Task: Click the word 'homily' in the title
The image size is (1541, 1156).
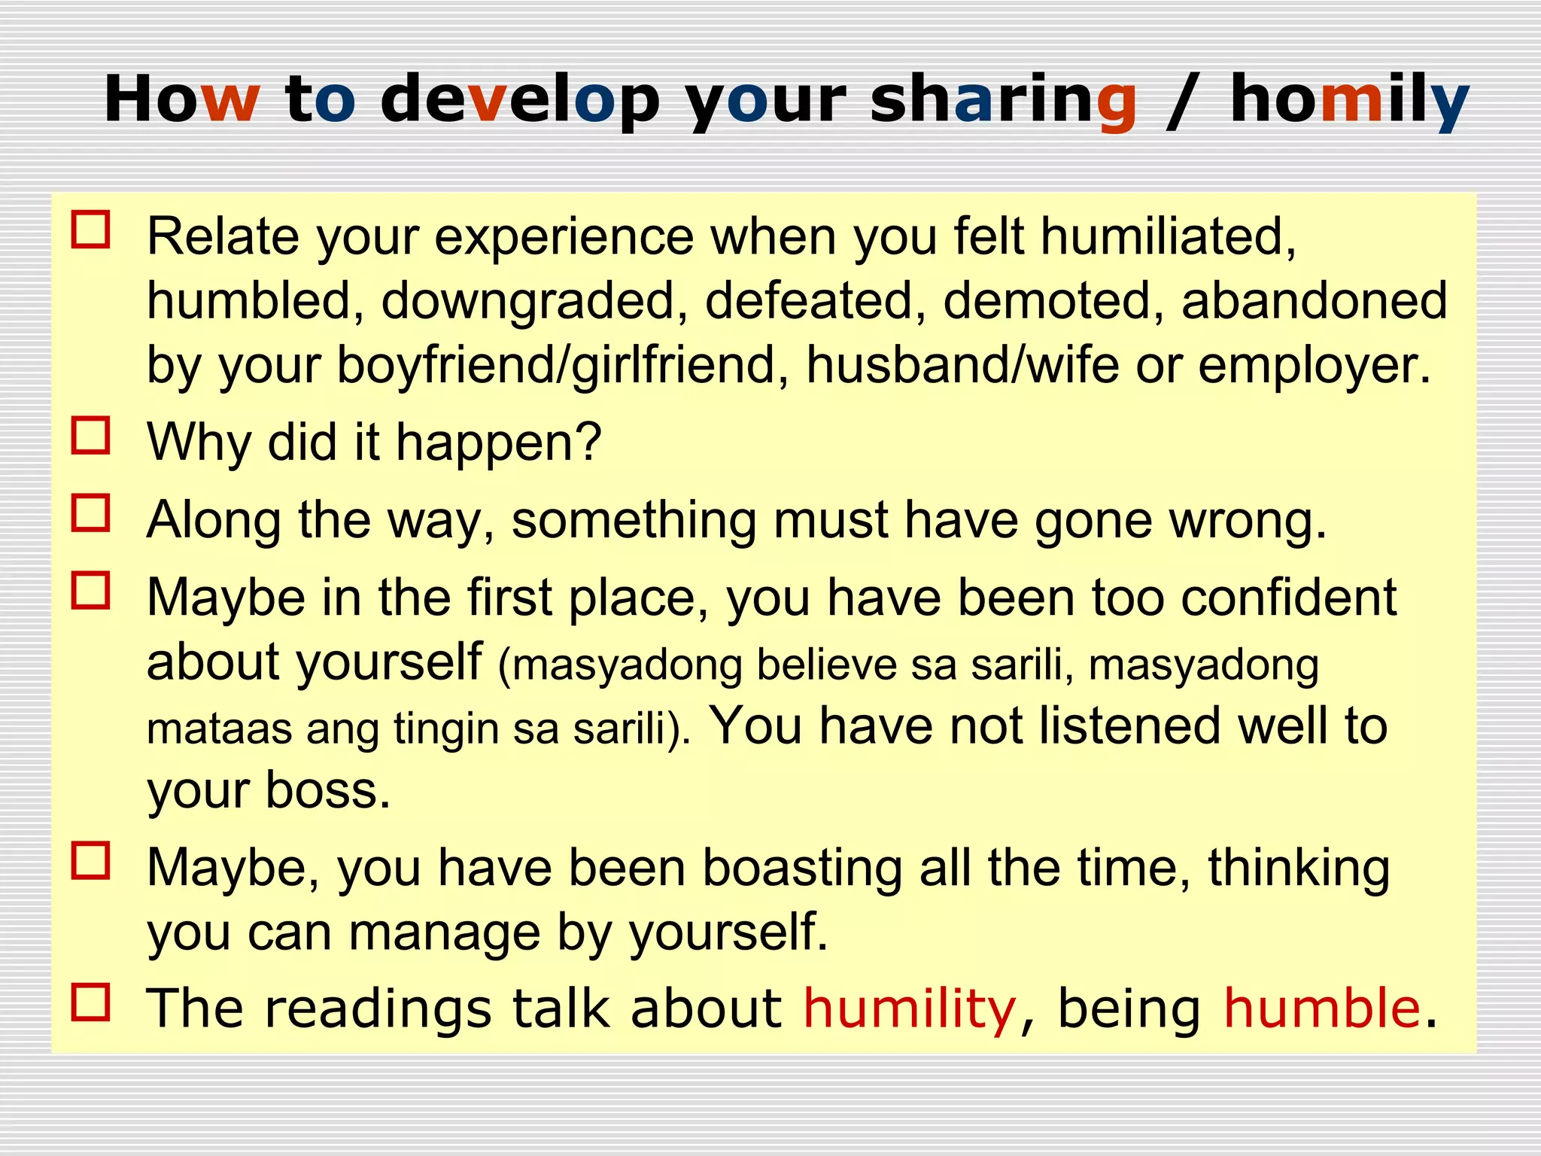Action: (x=1349, y=100)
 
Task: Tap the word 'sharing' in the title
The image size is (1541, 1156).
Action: (x=1003, y=100)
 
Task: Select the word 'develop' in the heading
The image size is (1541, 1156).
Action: (x=520, y=100)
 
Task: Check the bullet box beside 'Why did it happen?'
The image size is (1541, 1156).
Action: (x=91, y=436)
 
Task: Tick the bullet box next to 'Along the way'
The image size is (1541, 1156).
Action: (x=91, y=513)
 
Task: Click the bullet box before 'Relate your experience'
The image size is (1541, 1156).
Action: (x=91, y=230)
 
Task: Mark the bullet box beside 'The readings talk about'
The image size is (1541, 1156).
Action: (x=91, y=1002)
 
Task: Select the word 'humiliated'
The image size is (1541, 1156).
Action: (x=1169, y=237)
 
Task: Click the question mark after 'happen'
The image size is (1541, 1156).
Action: (x=587, y=442)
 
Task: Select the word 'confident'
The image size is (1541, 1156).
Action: (x=1288, y=598)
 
